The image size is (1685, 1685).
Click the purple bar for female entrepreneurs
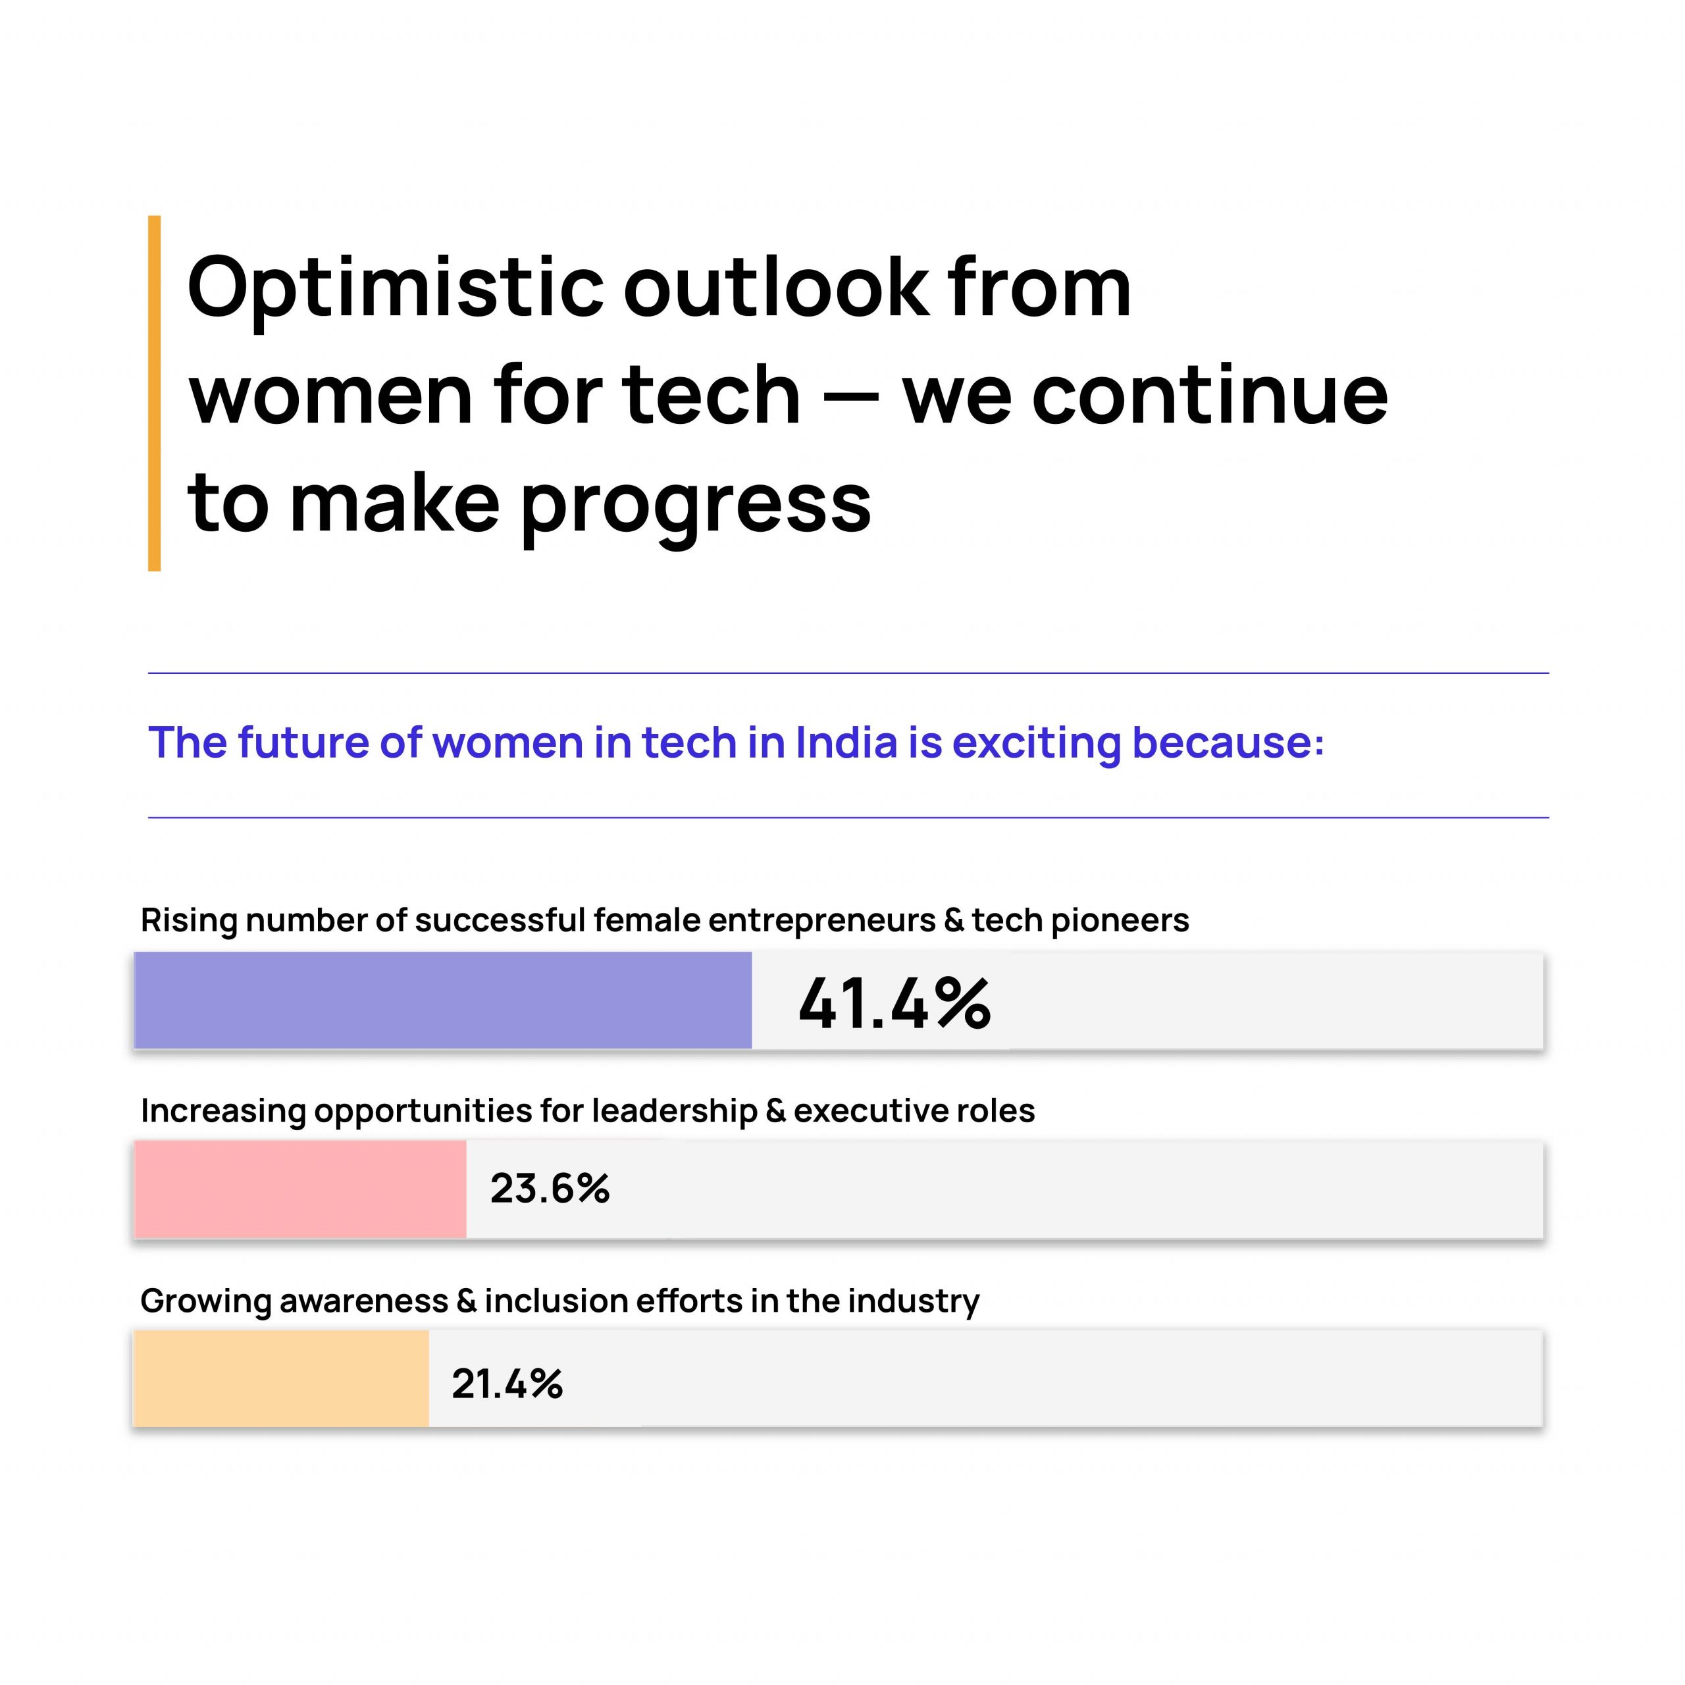(442, 1000)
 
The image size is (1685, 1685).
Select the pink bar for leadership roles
(300, 1189)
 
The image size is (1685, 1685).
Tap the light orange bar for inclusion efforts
(281, 1378)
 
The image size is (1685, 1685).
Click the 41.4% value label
(894, 1003)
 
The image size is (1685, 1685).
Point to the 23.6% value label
(550, 1189)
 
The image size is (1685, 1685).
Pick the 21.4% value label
(507, 1384)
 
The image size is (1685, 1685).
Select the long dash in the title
(850, 398)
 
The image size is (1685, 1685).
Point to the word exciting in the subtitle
(1036, 744)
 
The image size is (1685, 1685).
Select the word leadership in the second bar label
(674, 1111)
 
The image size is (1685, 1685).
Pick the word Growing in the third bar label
(206, 1301)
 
